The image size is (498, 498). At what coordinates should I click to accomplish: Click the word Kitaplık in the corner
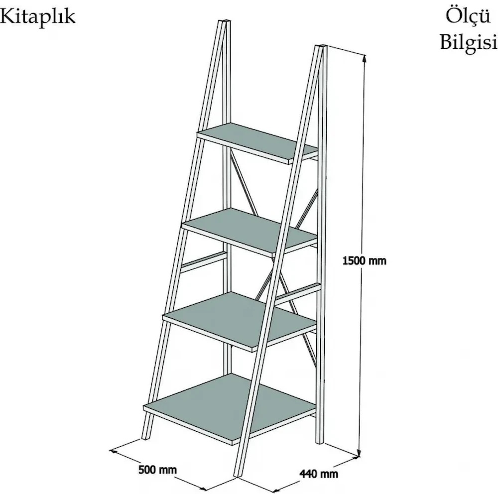(x=37, y=16)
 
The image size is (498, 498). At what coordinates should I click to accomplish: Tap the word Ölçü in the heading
(x=468, y=16)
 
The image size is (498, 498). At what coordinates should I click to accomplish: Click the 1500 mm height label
(x=365, y=261)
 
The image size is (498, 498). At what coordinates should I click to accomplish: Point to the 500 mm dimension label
(x=157, y=470)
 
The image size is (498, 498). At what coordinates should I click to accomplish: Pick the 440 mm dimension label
(x=319, y=474)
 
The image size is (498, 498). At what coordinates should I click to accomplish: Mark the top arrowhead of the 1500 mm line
(x=365, y=58)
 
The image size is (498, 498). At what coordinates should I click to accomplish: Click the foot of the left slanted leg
(x=145, y=438)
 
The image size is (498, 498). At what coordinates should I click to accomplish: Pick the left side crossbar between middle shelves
(x=204, y=262)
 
